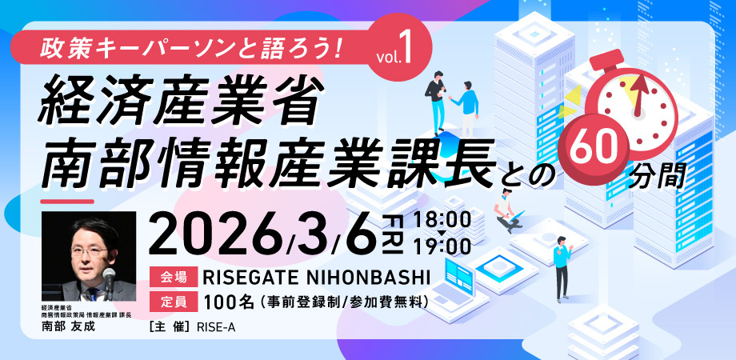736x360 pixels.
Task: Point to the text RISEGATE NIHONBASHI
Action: (x=316, y=278)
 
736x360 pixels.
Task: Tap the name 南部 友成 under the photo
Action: (x=68, y=327)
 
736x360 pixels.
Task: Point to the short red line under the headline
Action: (x=67, y=202)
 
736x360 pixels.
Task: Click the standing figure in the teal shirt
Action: (x=562, y=266)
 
